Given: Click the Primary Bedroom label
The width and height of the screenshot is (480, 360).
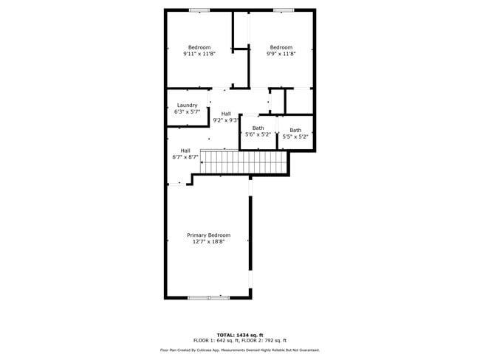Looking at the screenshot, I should (208, 235).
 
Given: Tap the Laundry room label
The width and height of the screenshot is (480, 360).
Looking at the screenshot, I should (187, 105).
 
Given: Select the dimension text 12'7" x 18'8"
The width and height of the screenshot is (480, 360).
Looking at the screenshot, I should (208, 242).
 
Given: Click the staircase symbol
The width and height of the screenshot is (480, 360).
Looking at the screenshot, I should (244, 162).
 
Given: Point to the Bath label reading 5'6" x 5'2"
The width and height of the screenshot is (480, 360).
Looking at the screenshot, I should (258, 128).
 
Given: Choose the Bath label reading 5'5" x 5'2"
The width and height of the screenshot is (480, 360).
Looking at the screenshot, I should (295, 131).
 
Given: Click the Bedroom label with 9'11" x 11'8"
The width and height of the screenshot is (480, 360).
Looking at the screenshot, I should (199, 47).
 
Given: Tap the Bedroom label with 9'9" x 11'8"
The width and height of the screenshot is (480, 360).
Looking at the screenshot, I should (281, 47).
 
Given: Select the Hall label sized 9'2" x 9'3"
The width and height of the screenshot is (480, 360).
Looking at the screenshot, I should (225, 114).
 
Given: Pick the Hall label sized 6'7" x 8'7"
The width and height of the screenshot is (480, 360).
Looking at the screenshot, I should (185, 150).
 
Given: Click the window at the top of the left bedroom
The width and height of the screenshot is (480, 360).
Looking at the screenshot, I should (199, 10).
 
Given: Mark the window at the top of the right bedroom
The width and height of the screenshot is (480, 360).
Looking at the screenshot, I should (284, 10).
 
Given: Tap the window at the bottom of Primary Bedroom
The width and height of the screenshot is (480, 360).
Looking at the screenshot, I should (208, 297).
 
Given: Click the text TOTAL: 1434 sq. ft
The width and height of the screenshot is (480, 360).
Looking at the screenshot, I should (239, 334).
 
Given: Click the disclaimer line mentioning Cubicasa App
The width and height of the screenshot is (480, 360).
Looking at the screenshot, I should (239, 350).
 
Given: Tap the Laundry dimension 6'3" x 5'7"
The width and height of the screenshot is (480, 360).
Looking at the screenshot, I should (187, 112).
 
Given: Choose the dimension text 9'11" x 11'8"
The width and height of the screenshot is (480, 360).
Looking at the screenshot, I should (199, 54).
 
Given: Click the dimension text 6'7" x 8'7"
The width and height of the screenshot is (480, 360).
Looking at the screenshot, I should (185, 157).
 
